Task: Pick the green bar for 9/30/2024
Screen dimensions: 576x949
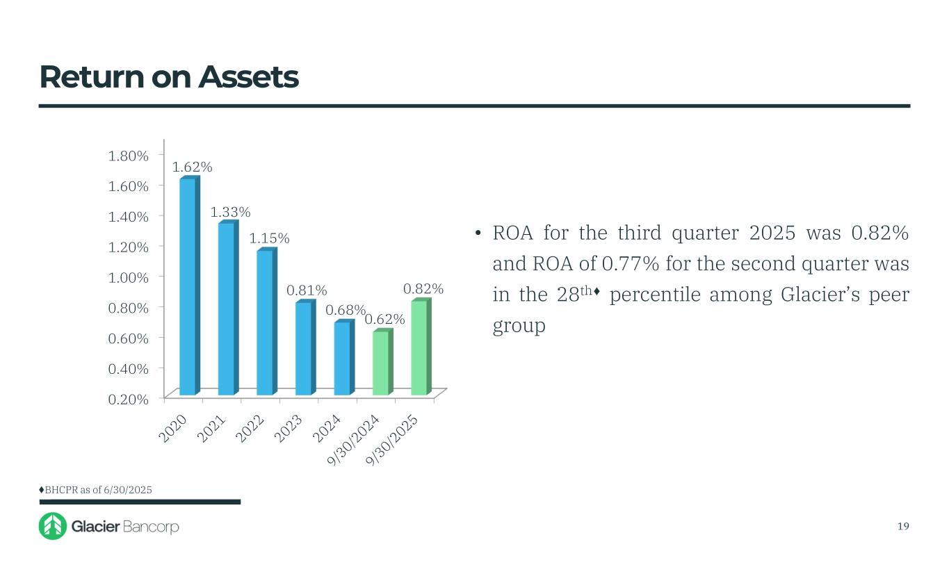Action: point(381,363)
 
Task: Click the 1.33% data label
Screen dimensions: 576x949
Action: point(231,212)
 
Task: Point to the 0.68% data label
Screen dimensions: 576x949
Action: point(346,310)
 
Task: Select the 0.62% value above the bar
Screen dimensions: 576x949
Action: point(384,319)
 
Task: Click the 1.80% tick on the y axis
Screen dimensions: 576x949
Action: point(129,155)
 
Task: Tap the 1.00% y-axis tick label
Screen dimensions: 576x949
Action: point(129,277)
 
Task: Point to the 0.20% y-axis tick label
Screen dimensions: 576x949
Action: point(129,399)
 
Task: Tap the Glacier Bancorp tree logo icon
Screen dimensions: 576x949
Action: point(53,527)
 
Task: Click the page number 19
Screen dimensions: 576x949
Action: point(903,526)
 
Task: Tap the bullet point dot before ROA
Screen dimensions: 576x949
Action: point(478,234)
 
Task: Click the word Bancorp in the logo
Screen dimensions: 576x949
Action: point(151,527)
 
